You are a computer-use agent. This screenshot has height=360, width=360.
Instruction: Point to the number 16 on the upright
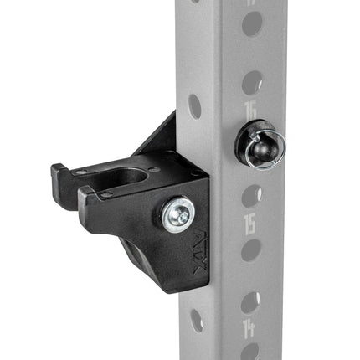point(249,111)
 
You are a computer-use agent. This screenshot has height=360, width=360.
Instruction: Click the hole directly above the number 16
point(249,82)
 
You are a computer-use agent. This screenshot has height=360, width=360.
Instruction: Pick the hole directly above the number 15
point(249,194)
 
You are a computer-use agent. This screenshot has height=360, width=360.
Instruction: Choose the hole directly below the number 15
point(249,249)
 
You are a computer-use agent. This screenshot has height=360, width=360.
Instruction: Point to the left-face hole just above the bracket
point(195,105)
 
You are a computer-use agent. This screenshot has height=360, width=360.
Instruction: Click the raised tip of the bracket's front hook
point(84,195)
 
